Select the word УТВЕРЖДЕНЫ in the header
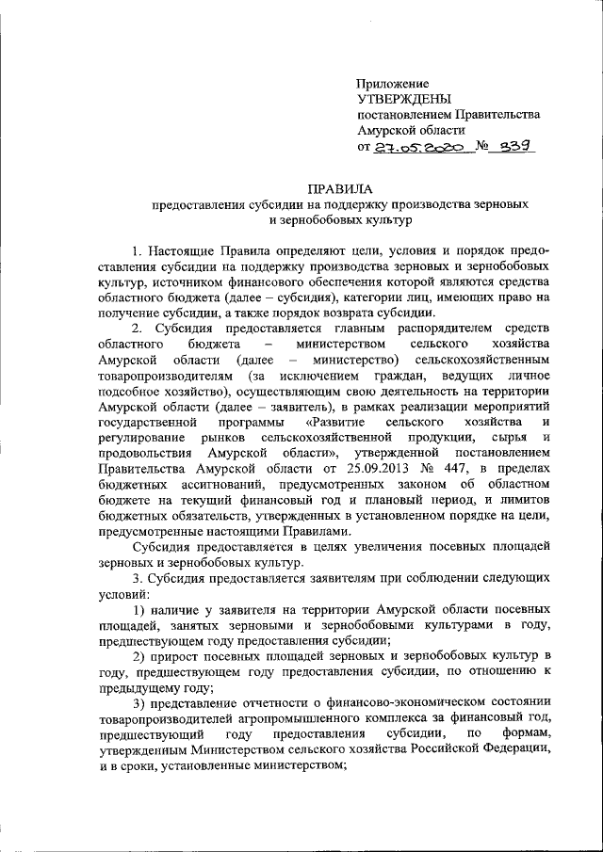[404, 99]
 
